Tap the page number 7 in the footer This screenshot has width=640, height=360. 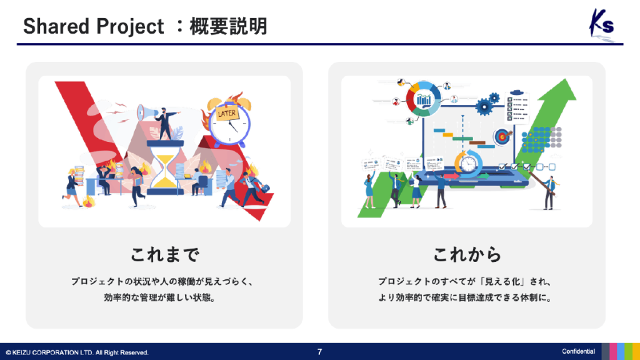pyautogui.click(x=319, y=352)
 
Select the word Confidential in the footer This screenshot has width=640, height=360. pyautogui.click(x=578, y=352)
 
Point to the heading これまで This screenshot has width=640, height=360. pyautogui.click(x=164, y=254)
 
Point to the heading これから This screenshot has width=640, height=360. pyautogui.click(x=467, y=254)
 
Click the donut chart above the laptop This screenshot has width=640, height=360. pyautogui.click(x=424, y=99)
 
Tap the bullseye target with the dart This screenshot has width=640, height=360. pyautogui.click(x=502, y=136)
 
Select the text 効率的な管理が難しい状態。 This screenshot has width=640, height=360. pyautogui.click(x=164, y=298)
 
